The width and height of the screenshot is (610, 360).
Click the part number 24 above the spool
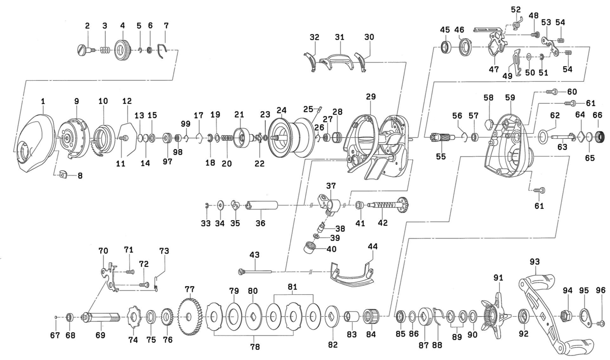[x=282, y=110]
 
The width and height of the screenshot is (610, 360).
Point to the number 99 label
[x=186, y=124]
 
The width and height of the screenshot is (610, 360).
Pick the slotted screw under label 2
[x=84, y=49]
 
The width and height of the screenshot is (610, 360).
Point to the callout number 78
[x=255, y=347]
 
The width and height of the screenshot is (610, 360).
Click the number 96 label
[x=600, y=290]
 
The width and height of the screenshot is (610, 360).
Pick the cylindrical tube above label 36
[x=261, y=205]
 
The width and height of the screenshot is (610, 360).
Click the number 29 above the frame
[x=370, y=96]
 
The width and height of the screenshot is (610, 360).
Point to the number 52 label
[x=515, y=10]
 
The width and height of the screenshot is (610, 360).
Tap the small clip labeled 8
[x=63, y=174]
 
